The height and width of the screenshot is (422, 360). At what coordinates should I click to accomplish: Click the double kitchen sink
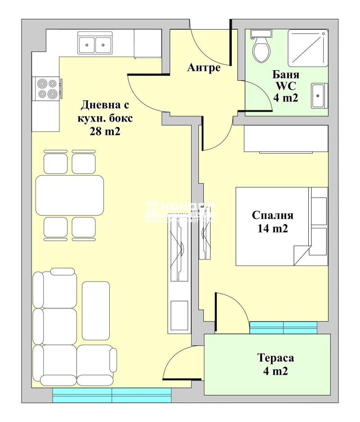tap(95, 44)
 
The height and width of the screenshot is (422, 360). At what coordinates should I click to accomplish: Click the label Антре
tap(204, 68)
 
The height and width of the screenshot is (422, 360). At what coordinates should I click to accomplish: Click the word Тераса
tap(275, 358)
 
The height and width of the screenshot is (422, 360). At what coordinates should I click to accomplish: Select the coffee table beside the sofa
tap(96, 310)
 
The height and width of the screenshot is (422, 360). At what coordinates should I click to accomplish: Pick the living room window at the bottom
tap(112, 395)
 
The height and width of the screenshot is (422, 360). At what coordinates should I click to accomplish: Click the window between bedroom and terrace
tap(283, 327)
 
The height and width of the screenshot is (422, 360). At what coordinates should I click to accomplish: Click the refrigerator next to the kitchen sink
tap(148, 44)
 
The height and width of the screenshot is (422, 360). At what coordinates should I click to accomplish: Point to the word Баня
tap(285, 74)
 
